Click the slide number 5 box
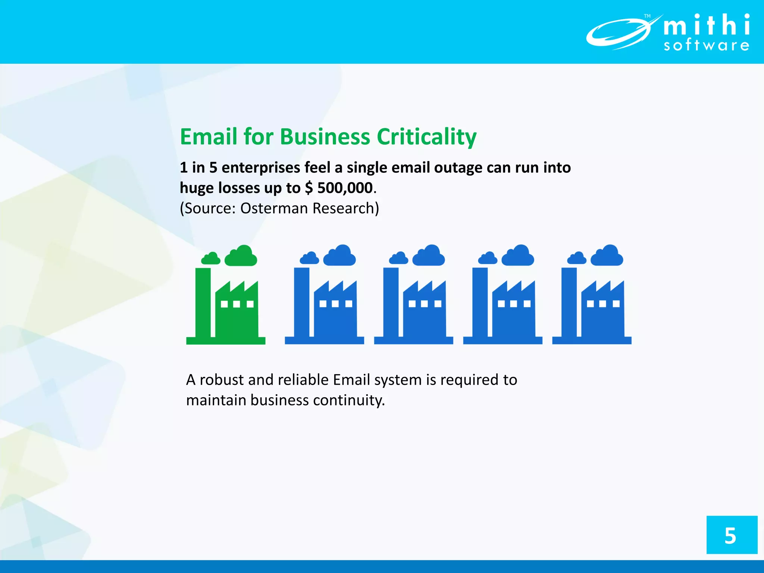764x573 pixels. click(732, 535)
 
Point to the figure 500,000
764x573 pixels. click(345, 188)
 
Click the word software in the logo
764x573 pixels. click(706, 46)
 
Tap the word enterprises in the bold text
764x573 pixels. click(261, 167)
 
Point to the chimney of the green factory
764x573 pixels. click(203, 302)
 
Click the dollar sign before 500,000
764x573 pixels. click(309, 188)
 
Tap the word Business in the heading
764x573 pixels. click(325, 137)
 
